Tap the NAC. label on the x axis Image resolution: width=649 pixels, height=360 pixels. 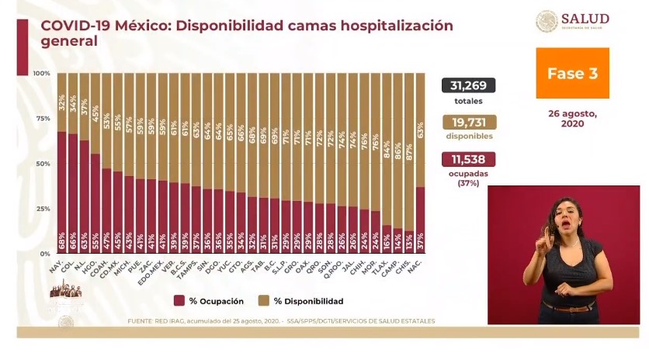[x=418, y=266]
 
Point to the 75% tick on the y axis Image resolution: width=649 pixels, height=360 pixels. [x=42, y=119]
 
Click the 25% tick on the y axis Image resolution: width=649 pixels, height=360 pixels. [x=42, y=209]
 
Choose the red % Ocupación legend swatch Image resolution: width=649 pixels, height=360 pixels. [x=179, y=300]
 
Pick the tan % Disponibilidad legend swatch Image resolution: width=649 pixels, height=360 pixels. [x=263, y=300]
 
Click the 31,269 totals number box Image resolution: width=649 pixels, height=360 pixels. [x=468, y=86]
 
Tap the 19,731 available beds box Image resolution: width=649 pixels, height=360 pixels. [x=468, y=123]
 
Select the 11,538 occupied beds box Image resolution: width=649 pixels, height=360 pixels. [x=468, y=160]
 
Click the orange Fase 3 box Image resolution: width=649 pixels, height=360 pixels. [x=572, y=73]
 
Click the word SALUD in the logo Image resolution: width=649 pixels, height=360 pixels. [x=585, y=19]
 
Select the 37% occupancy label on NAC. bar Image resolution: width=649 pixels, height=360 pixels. [x=420, y=244]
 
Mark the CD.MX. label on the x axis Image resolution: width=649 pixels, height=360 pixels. [x=116, y=268]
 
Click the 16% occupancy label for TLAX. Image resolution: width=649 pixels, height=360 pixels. [x=387, y=244]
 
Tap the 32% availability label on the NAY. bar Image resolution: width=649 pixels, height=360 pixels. [x=61, y=101]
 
